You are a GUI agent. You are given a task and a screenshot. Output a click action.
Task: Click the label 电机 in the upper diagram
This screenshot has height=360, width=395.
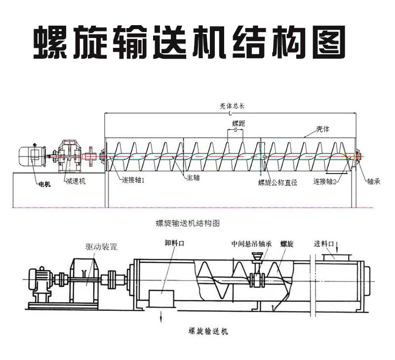point(44,184)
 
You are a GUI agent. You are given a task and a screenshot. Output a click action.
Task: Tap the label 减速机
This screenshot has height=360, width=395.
point(76,181)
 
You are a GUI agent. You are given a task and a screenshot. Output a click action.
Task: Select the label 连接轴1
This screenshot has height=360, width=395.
point(133,180)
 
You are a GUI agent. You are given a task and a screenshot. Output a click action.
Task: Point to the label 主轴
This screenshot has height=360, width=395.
point(193,177)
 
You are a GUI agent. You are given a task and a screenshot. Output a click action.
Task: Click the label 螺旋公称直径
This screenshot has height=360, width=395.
point(277,182)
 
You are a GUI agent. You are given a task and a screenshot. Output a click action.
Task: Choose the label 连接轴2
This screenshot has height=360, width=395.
point(325,181)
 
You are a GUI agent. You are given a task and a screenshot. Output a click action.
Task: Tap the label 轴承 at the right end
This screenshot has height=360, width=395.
point(373,181)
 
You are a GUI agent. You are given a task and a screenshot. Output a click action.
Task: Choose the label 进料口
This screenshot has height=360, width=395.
point(325,244)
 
